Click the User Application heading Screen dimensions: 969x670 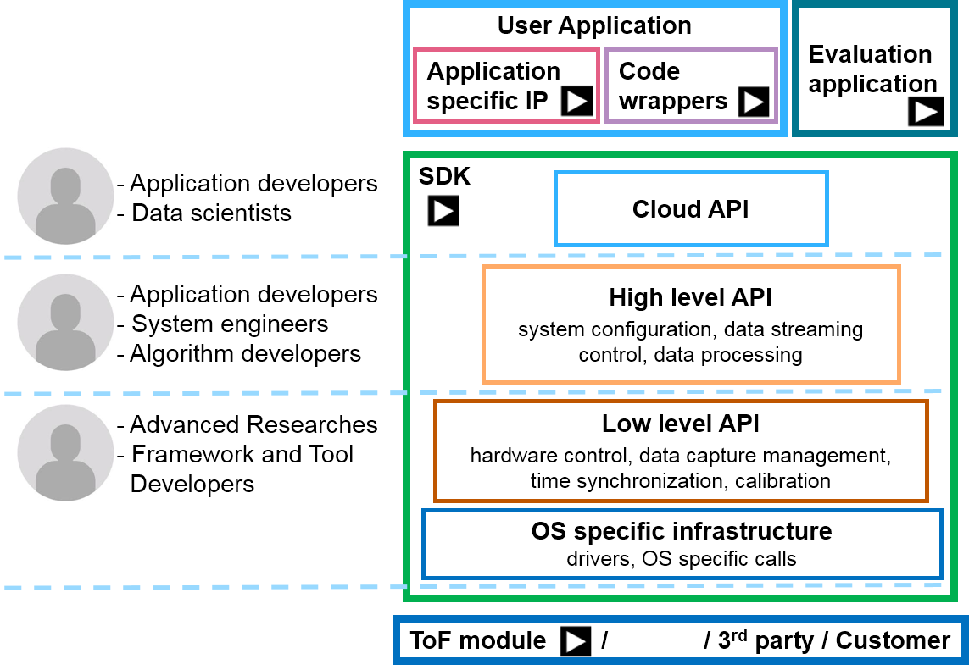594,26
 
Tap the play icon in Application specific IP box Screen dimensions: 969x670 577,101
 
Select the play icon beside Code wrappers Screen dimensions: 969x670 754,102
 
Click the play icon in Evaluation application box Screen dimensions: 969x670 926,112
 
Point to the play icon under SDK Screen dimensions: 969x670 443,211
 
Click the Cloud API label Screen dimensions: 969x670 690,209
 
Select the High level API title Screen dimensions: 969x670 690,297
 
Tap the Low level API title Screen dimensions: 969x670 681,424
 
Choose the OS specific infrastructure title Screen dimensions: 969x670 682,531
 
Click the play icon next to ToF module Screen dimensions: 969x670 576,641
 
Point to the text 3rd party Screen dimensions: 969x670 765,641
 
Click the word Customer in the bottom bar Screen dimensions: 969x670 893,641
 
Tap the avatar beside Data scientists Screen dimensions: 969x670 65,196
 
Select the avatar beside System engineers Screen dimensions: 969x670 65,323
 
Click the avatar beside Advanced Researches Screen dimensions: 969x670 65,452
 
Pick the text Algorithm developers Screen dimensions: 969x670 245,354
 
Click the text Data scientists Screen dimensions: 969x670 211,213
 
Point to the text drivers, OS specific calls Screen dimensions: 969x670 681,559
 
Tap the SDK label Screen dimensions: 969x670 444,177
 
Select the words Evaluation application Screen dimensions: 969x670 872,69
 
